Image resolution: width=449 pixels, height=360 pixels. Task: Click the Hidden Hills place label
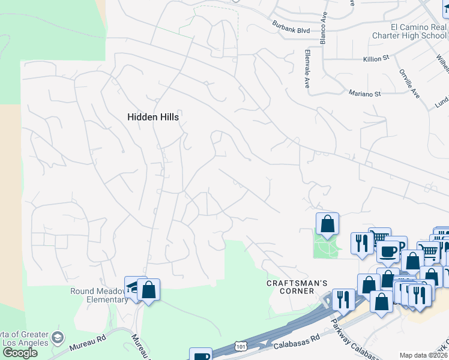click(153, 117)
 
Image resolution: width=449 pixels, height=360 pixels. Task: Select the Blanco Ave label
click(323, 30)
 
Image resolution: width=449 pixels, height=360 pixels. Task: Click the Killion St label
click(376, 59)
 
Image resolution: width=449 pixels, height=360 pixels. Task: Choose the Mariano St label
click(364, 94)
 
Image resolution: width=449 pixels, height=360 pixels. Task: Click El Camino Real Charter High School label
click(418, 31)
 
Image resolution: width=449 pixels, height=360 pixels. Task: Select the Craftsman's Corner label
click(290, 286)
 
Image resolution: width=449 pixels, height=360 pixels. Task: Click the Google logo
click(20, 352)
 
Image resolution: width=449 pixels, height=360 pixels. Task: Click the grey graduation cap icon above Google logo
click(58, 337)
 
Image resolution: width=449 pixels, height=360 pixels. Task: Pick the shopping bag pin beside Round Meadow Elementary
click(149, 290)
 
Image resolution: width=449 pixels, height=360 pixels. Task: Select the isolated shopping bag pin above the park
click(327, 224)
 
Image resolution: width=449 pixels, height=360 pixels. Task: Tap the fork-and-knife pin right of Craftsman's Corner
click(343, 299)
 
